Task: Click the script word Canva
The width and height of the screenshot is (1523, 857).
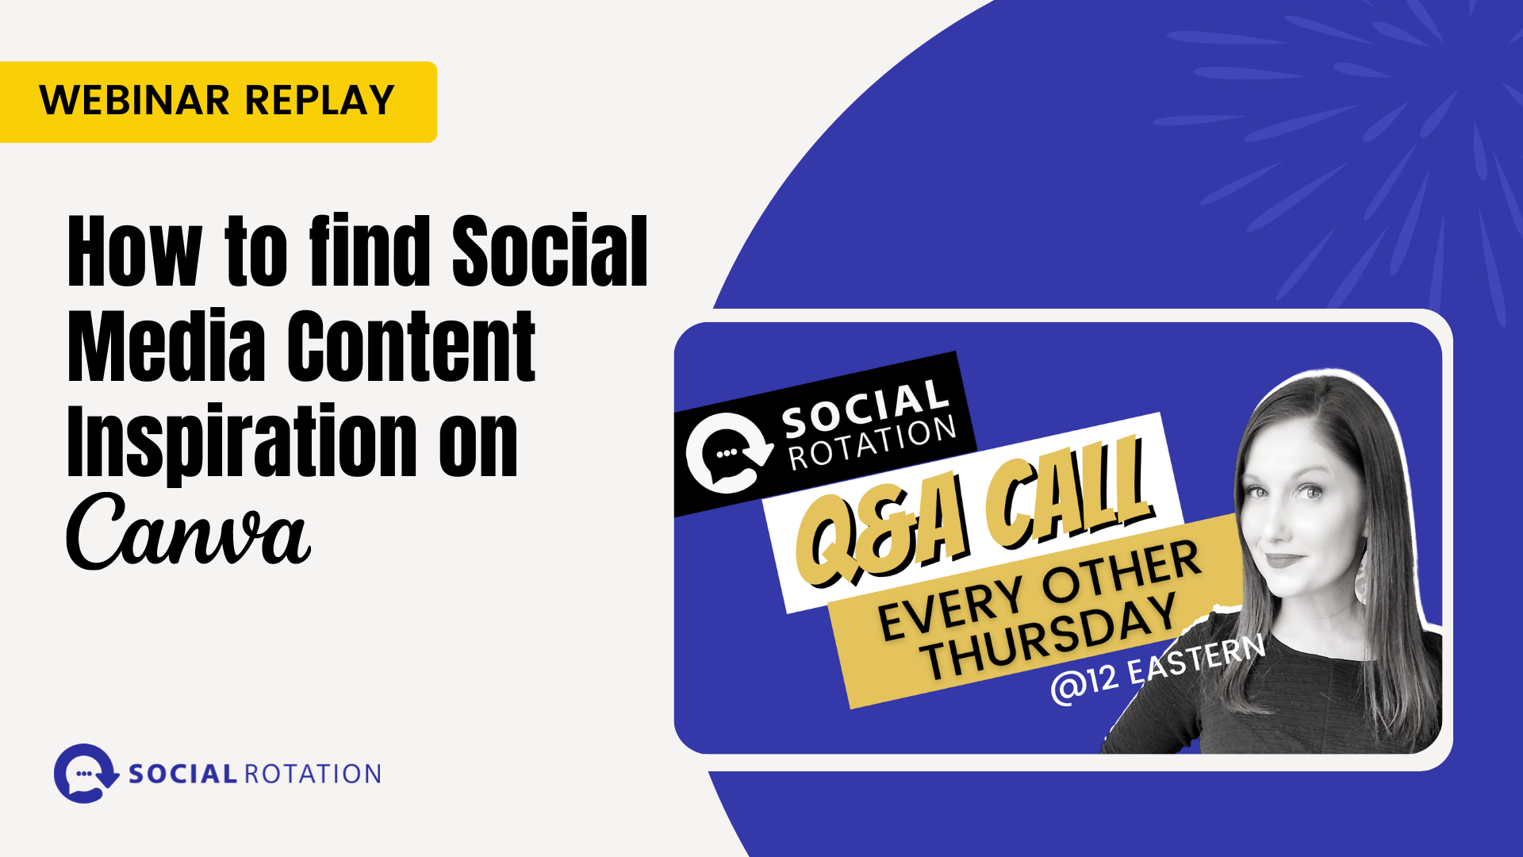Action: point(188,532)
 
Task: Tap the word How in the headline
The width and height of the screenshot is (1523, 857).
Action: point(134,252)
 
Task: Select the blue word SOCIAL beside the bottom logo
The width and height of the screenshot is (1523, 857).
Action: point(182,774)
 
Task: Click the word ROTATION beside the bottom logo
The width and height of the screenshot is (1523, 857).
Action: point(313,774)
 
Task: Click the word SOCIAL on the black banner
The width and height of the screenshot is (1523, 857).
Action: point(865,408)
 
